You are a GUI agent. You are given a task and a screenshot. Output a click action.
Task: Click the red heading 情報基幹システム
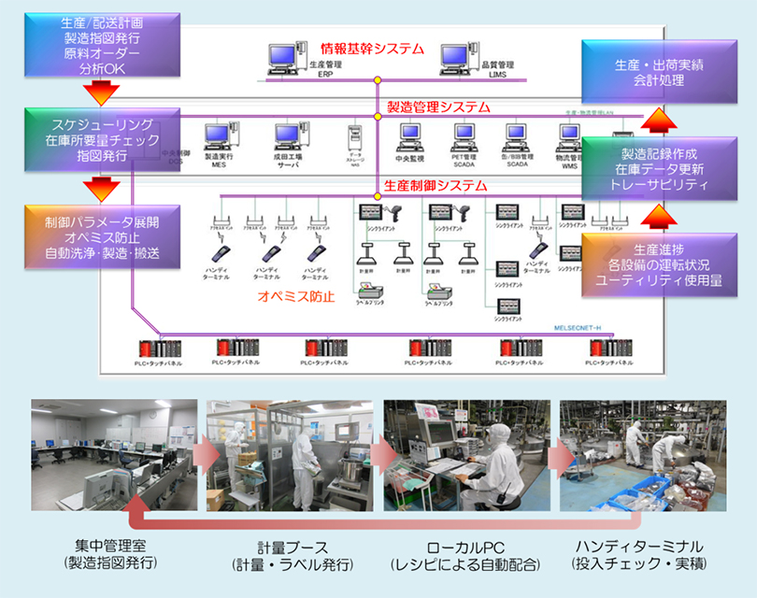(372, 49)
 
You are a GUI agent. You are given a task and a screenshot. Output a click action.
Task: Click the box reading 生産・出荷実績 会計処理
(650, 73)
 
